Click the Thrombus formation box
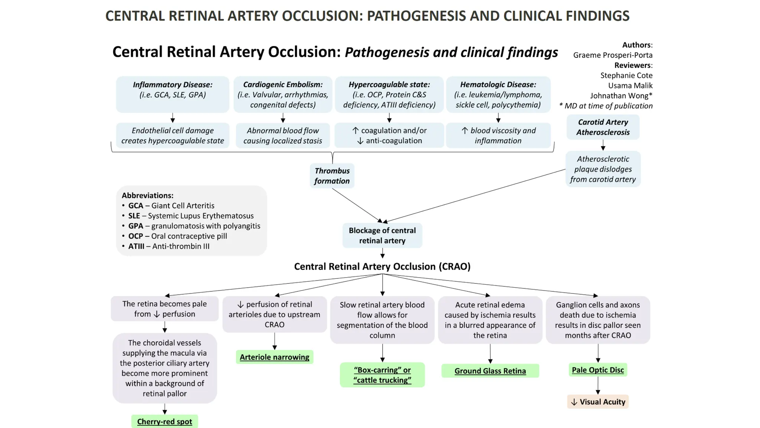(332, 176)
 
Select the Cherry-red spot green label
(164, 421)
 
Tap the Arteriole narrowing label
(274, 357)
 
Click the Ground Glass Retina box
(490, 371)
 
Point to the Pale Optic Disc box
(597, 370)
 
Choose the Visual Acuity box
(598, 402)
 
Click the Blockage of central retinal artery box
(382, 235)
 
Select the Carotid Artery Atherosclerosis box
(603, 127)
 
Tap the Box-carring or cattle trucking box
(382, 375)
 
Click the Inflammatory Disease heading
(173, 85)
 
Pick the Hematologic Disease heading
(498, 85)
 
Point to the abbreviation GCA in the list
(135, 205)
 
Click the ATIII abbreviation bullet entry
(169, 246)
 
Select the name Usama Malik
(630, 85)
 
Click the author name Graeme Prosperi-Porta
(613, 55)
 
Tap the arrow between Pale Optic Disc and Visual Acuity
(598, 386)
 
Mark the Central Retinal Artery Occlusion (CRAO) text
(382, 266)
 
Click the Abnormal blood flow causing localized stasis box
(283, 136)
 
